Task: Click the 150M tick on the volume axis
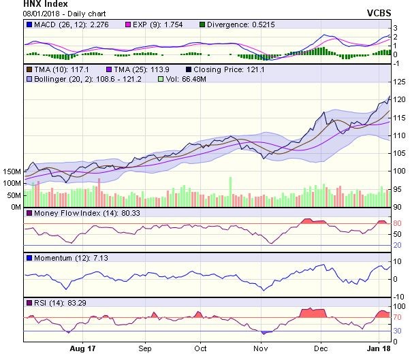click(x=11, y=171)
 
